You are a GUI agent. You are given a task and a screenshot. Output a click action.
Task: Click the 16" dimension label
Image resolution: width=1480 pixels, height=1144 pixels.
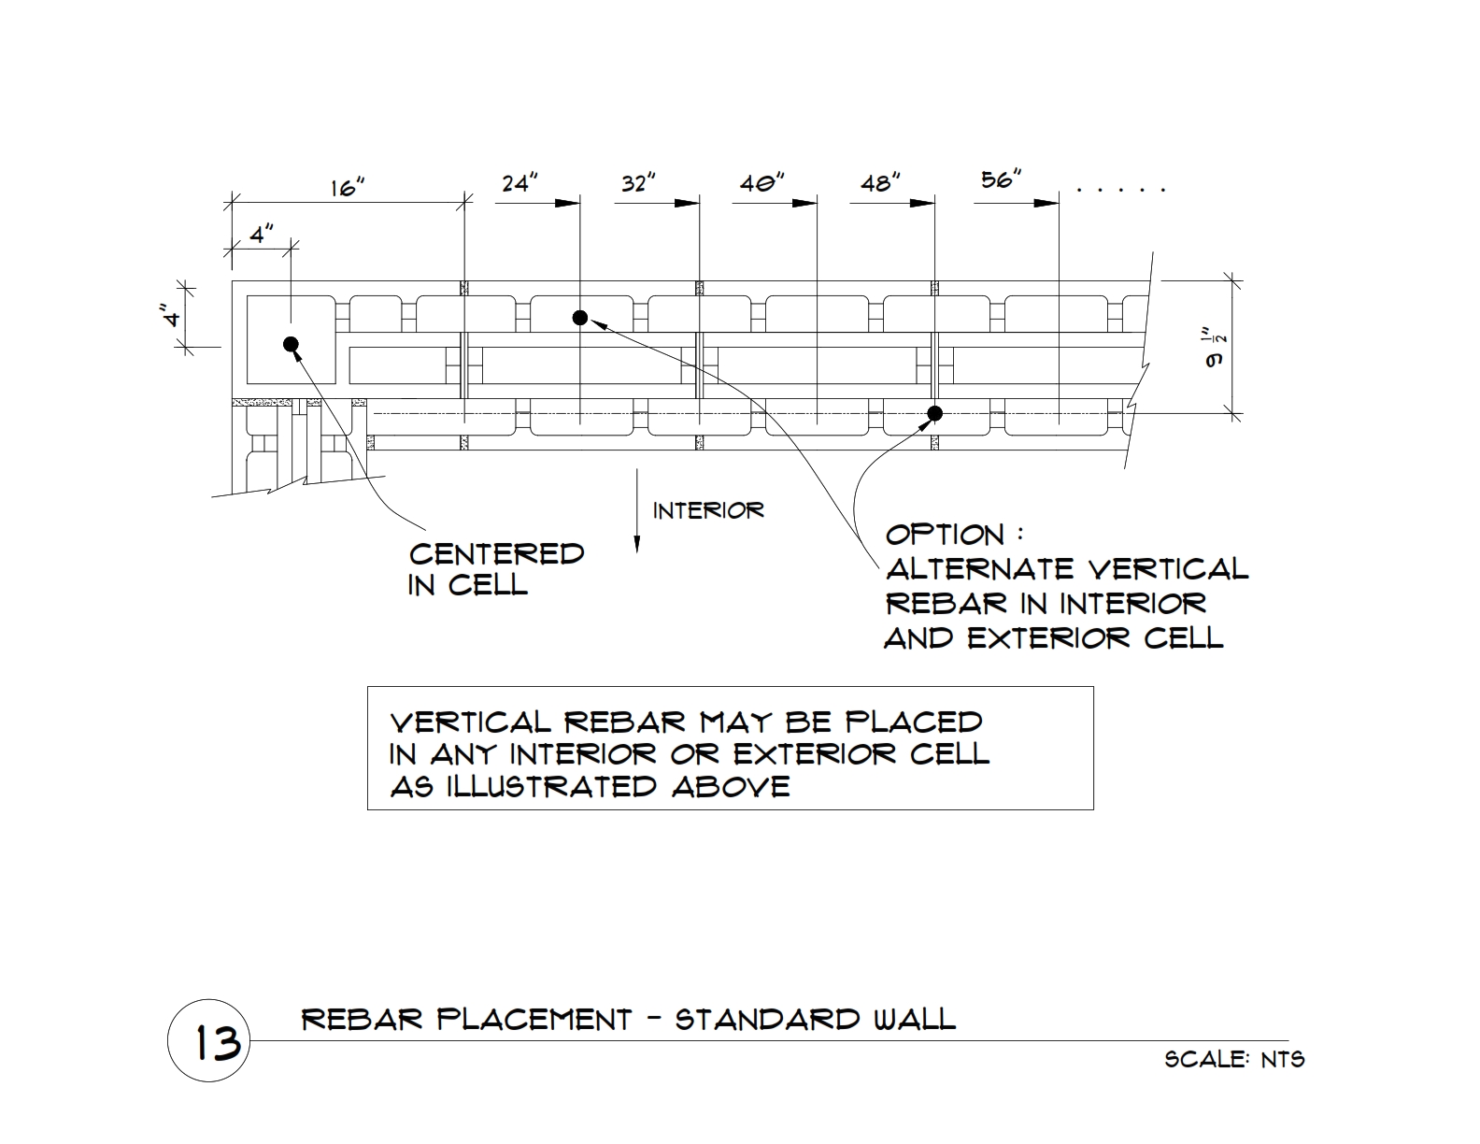click(348, 187)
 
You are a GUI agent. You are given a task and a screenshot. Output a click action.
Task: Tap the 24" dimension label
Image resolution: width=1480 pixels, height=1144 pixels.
click(519, 182)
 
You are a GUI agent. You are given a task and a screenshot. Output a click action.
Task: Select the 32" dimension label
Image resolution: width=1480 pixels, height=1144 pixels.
click(638, 182)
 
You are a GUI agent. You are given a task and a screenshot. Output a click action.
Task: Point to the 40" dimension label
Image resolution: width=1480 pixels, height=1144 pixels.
click(762, 182)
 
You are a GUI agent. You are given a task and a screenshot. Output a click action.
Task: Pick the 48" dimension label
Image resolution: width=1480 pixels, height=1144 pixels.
click(881, 182)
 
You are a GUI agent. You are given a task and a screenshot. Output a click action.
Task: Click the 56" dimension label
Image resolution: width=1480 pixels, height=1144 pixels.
click(1002, 179)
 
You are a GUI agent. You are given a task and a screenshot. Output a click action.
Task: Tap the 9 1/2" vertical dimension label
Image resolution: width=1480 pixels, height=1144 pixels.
click(1215, 349)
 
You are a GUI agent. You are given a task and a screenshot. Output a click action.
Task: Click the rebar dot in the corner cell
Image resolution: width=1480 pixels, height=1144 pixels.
click(291, 344)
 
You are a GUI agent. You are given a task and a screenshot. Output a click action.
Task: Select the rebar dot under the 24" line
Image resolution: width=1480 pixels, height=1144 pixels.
click(579, 318)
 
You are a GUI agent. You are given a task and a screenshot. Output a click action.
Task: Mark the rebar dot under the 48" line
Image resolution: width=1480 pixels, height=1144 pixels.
click(935, 413)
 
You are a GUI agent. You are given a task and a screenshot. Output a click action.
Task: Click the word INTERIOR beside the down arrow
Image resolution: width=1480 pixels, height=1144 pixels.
click(708, 511)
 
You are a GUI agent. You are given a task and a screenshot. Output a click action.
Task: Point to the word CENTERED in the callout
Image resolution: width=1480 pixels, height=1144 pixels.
click(496, 554)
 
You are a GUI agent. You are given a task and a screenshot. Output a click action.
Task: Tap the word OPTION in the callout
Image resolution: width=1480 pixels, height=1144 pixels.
click(945, 535)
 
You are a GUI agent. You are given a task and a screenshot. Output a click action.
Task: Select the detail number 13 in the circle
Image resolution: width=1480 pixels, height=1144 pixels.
click(218, 1043)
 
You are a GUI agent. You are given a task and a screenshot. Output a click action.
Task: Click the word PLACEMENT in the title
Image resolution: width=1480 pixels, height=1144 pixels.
click(534, 1020)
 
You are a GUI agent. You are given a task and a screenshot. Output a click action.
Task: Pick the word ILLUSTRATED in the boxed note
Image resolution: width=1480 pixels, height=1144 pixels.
click(551, 787)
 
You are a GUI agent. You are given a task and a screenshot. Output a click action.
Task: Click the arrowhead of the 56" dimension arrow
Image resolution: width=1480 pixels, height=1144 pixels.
click(1046, 203)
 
